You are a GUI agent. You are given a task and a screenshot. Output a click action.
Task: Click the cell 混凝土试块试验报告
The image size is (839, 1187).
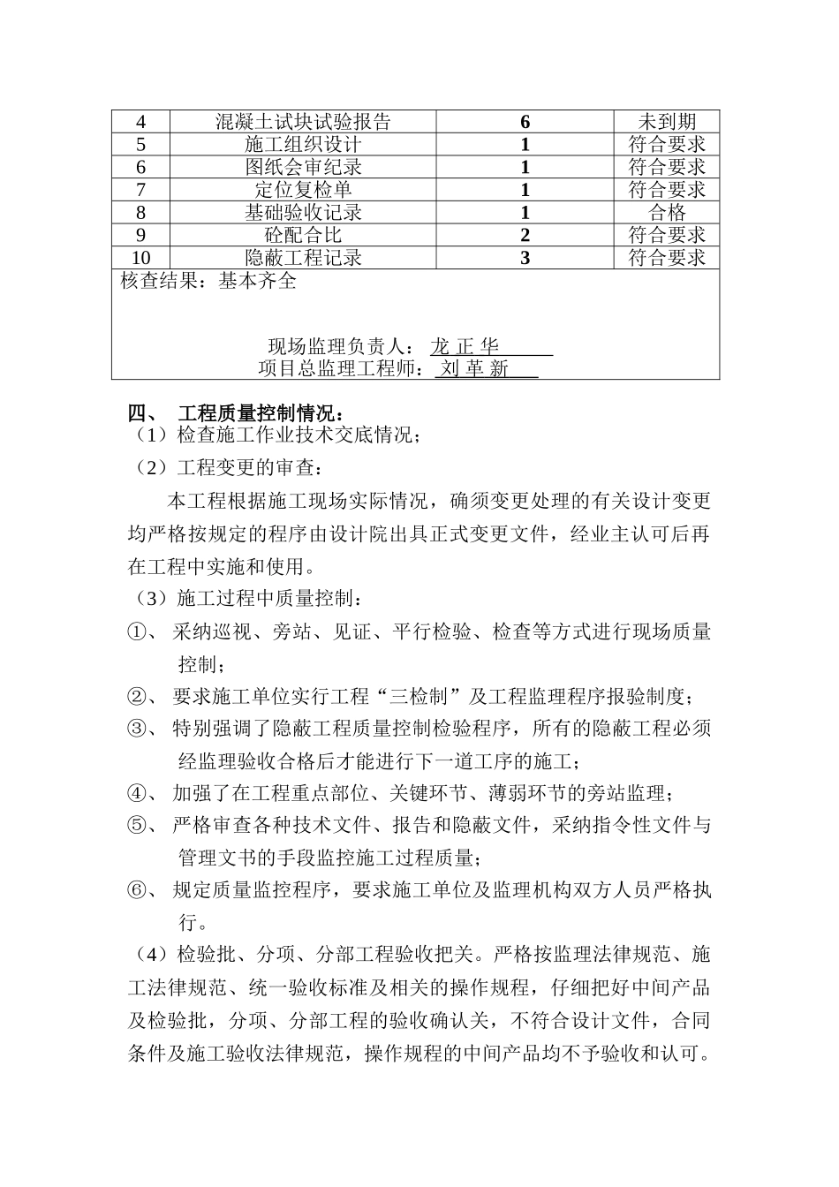pos(303,122)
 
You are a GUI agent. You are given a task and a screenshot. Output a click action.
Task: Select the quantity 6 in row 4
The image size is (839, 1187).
pos(525,122)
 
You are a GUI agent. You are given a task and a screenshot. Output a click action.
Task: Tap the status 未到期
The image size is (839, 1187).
pos(667,122)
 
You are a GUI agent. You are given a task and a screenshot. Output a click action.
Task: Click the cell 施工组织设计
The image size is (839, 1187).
pos(303,145)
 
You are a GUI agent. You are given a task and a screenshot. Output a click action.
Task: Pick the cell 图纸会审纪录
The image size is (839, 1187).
pos(303,167)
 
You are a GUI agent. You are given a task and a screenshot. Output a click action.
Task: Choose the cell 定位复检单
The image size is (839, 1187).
pos(303,190)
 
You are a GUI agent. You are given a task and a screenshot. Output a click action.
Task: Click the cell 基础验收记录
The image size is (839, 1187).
pos(303,212)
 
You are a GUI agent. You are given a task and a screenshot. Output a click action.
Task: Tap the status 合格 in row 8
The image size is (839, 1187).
pos(667,212)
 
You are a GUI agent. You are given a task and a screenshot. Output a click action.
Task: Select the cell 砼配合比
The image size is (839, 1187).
pos(303,235)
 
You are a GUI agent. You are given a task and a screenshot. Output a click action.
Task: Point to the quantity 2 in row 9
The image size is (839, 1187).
pos(525,235)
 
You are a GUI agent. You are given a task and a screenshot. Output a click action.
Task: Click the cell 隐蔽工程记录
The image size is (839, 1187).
pos(303,258)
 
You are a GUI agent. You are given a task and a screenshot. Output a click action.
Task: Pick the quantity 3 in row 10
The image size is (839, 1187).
pos(525,258)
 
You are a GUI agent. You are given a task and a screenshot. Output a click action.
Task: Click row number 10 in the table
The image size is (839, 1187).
pos(141,258)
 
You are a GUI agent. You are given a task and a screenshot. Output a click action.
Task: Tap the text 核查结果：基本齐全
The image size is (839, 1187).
pos(208,282)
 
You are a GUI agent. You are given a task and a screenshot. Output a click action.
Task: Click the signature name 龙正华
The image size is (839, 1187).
pos(465,346)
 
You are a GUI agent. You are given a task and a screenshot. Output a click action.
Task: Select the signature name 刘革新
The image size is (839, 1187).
pos(475,369)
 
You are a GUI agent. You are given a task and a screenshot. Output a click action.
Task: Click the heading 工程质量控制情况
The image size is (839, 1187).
pos(261,413)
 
